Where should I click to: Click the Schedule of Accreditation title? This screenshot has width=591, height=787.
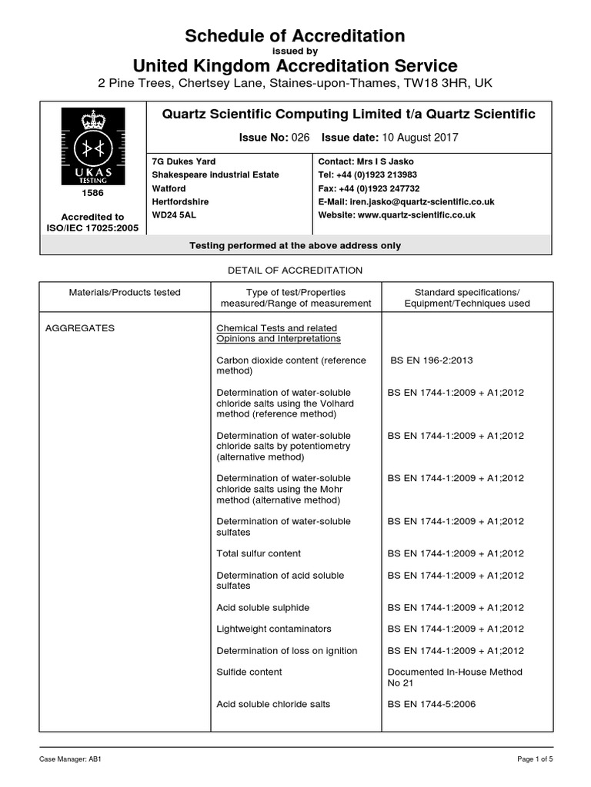click(x=295, y=35)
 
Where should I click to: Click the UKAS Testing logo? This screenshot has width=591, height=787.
click(x=93, y=145)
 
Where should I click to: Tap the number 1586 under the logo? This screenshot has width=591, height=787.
click(x=93, y=193)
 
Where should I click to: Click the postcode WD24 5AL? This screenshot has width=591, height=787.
click(x=174, y=215)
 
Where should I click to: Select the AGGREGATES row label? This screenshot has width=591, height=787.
click(x=80, y=328)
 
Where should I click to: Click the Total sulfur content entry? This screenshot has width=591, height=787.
click(x=259, y=553)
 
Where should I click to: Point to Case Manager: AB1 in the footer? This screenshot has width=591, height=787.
click(x=71, y=759)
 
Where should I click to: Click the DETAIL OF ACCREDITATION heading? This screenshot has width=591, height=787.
click(x=295, y=271)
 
